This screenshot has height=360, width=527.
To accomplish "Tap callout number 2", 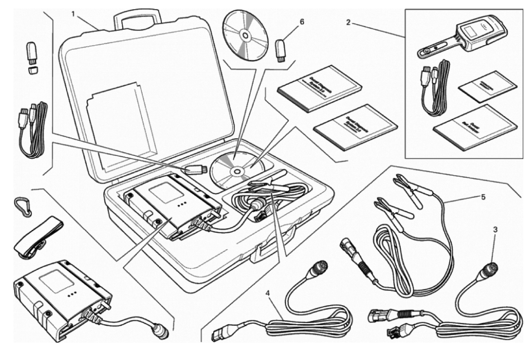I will tap(348, 23).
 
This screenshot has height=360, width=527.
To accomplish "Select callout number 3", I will tap(495, 229).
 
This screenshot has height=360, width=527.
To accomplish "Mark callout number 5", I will tap(483, 197).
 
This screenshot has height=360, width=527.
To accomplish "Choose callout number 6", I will tap(302, 22).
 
